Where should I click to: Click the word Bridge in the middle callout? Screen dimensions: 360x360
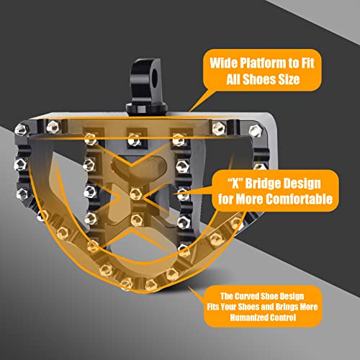[x=264, y=184]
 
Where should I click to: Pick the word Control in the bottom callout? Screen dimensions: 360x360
[x=283, y=318]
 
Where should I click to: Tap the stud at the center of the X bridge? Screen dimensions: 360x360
[x=135, y=194]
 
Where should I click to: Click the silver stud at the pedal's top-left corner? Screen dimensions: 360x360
[x=21, y=130]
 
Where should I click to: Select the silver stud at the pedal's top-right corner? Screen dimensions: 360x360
[x=255, y=131]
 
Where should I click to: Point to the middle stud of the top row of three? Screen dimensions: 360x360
[x=132, y=140]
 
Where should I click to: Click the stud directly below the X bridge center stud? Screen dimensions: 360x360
[x=136, y=219]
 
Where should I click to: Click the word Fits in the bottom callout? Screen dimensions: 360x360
[x=213, y=307]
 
